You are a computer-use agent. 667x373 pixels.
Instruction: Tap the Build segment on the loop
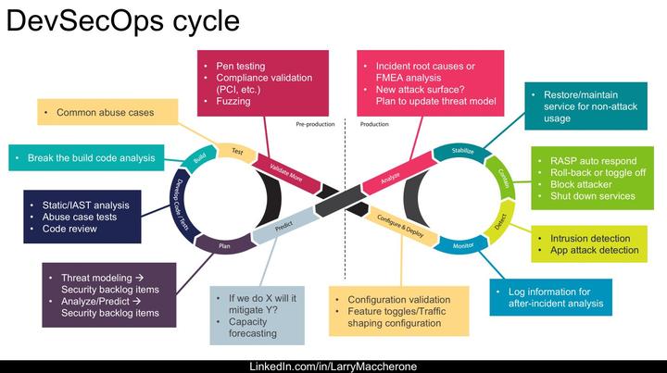point(199,158)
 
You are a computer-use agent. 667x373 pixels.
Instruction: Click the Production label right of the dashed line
point(373,123)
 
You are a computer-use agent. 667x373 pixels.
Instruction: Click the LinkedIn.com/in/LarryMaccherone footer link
point(333,367)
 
